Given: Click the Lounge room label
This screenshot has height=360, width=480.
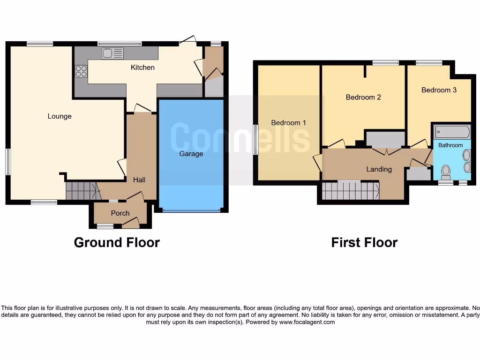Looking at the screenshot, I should click(60, 116).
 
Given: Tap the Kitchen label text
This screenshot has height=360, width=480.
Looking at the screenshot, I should click(142, 67).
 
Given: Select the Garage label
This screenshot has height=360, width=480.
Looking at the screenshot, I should click(191, 154).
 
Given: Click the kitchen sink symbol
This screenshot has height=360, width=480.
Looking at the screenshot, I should click(112, 53).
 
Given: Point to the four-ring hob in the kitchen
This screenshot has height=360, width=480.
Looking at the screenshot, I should click(81, 71).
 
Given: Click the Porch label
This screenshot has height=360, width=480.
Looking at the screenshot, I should click(120, 213).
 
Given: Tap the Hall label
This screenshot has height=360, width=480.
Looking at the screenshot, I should click(139, 180).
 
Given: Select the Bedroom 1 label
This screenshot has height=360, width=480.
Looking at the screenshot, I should click(288, 123).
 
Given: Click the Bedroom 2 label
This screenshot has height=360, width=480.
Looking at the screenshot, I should click(363, 97).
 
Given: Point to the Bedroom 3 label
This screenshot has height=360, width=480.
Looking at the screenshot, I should click(439, 90).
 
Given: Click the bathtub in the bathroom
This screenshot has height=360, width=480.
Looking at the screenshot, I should click(451, 131).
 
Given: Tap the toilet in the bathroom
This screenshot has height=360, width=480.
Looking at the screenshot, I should click(446, 172).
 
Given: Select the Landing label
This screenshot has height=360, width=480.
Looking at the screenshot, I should click(379, 169).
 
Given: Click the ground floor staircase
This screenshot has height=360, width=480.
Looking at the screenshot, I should click(82, 191).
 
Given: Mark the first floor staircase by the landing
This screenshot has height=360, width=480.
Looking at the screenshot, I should click(351, 191).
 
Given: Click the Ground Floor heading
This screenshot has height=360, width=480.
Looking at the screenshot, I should click(117, 242).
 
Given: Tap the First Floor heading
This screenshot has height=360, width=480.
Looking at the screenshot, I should click(364, 242).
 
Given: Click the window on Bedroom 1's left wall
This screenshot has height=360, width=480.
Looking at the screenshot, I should click(255, 140).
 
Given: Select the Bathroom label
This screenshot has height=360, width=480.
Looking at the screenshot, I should click(450, 145).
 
